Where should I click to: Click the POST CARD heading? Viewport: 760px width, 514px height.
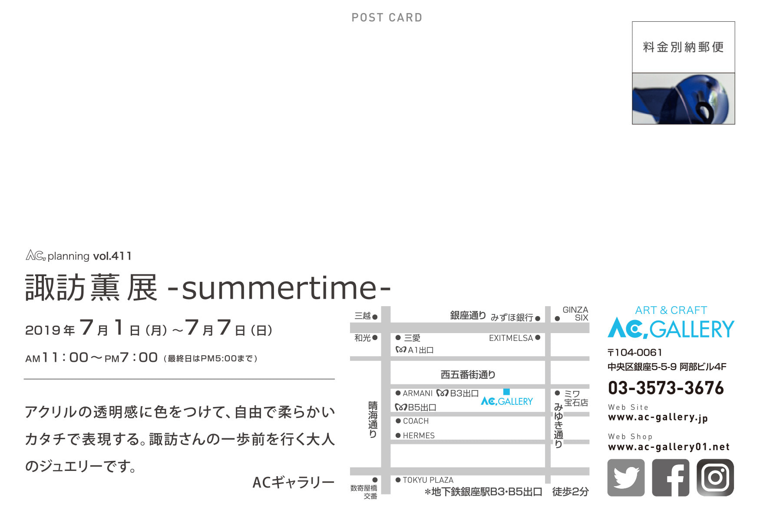click(387, 17)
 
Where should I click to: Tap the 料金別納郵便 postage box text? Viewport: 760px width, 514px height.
click(683, 47)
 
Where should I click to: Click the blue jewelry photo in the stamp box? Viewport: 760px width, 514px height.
click(683, 99)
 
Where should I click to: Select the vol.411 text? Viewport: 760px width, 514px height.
click(112, 256)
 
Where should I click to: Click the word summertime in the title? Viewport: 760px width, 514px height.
click(279, 287)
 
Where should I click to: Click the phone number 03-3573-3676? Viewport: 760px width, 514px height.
click(666, 388)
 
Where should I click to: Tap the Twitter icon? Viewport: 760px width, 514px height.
click(626, 477)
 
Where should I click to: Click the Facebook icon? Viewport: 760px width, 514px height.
click(671, 477)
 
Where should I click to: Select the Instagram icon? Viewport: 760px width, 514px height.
click(715, 477)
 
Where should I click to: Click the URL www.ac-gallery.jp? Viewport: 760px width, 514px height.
click(658, 417)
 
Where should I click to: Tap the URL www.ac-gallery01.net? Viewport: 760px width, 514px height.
click(669, 447)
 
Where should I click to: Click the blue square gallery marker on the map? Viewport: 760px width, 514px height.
click(506, 392)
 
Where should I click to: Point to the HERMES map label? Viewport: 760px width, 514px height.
click(418, 435)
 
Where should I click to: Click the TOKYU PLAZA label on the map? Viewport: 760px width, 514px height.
click(428, 480)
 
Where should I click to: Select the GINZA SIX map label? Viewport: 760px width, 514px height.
click(575, 314)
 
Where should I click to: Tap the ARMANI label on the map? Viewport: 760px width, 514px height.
click(417, 394)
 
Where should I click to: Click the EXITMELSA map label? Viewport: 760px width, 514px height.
click(511, 338)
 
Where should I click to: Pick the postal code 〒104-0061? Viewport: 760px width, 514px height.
click(635, 352)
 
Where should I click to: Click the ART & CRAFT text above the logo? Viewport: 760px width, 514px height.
click(671, 310)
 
